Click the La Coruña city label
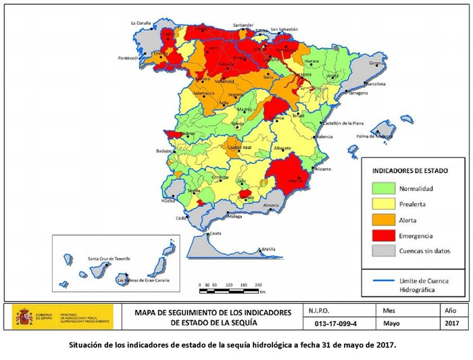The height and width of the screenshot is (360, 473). click(141, 22)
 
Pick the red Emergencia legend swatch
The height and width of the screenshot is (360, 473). click(383, 236)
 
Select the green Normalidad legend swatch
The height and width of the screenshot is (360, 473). click(383, 188)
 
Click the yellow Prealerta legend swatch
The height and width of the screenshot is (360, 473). click(383, 204)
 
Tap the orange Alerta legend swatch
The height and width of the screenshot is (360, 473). click(383, 220)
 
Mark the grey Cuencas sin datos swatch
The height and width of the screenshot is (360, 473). click(383, 251)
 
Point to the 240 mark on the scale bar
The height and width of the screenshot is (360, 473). click(258, 286)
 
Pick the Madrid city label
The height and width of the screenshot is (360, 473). click(245, 109)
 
